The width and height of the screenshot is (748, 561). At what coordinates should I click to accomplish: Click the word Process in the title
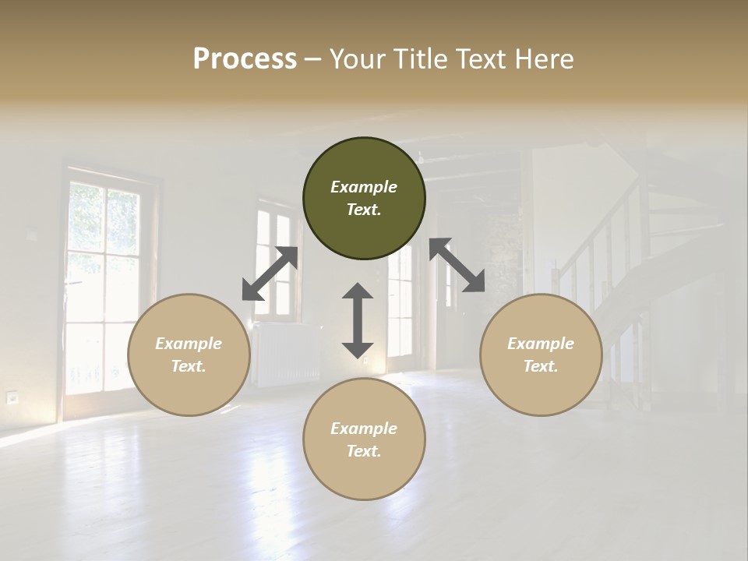(245, 59)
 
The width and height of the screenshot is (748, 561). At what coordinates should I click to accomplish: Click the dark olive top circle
(364, 199)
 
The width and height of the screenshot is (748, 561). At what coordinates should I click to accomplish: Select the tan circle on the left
(189, 355)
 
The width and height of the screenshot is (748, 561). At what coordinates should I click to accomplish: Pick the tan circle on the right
(541, 355)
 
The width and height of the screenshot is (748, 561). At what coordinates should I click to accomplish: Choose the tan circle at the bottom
(364, 439)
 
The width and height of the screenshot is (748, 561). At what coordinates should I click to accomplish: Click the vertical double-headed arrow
(358, 320)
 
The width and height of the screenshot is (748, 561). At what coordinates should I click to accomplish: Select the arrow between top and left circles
(270, 273)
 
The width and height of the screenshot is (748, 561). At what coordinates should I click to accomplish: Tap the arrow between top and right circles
(457, 266)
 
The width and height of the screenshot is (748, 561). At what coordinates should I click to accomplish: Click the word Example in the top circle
(364, 187)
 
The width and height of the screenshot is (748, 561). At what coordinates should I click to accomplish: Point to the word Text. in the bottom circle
(364, 451)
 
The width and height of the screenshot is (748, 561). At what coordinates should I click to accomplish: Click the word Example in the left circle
(189, 344)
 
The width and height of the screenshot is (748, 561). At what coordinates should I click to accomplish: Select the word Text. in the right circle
(541, 366)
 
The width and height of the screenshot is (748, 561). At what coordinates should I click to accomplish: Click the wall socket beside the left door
(12, 397)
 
